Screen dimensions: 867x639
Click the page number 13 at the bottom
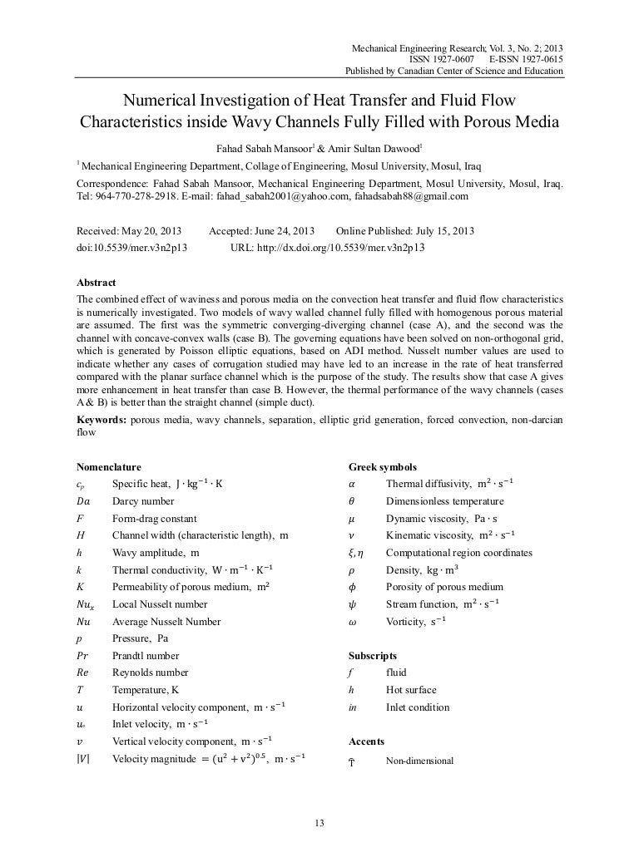pos(319,823)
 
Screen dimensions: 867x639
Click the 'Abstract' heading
pos(96,283)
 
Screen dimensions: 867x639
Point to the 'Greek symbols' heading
pos(383,467)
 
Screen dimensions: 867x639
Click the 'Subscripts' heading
pos(374,656)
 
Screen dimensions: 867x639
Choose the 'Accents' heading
pos(367,741)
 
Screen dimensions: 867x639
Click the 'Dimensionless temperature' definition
pos(444,501)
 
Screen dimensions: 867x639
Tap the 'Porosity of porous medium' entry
pos(444,587)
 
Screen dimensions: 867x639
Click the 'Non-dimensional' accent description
pos(419,761)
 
